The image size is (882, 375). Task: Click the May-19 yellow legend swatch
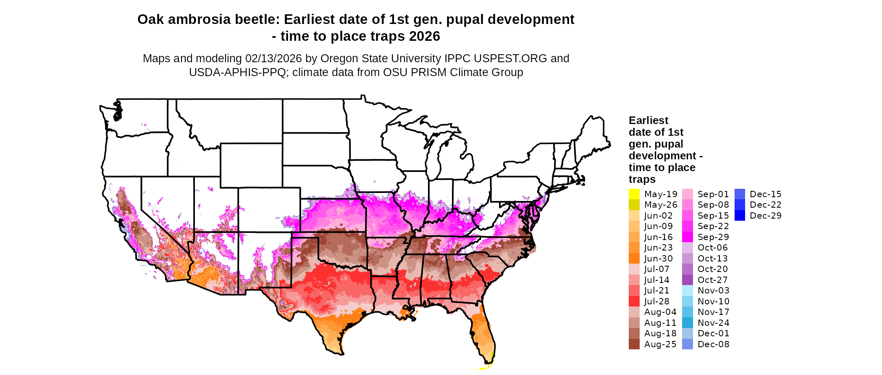click(634, 194)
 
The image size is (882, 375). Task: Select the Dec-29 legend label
click(765, 216)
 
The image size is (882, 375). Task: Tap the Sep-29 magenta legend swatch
click(688, 237)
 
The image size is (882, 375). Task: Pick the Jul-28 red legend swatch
click(634, 301)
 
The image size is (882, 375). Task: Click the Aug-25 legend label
click(660, 344)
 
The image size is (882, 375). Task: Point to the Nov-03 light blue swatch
click(688, 290)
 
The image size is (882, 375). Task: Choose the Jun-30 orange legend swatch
click(634, 259)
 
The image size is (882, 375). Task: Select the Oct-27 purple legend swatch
click(688, 280)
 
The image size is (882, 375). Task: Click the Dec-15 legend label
click(765, 194)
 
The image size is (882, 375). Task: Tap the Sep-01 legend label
click(713, 194)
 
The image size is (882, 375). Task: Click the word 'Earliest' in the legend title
click(648, 121)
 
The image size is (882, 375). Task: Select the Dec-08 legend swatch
click(688, 344)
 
